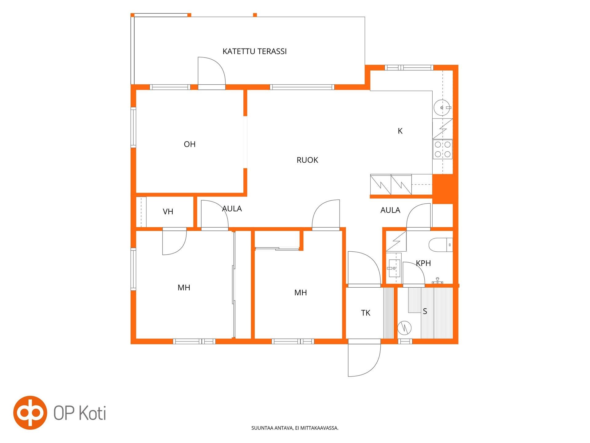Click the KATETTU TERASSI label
254,51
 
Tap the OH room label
190,144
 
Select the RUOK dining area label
307,160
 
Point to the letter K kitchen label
400,131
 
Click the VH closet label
168,212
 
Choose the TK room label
366,313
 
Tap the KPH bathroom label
423,263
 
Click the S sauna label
425,311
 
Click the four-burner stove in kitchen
442,149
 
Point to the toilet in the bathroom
441,245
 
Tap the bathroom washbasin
394,268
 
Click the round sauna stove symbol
404,328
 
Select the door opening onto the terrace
212,73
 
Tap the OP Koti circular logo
30,413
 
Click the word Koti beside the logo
92,413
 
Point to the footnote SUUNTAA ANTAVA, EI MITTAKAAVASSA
295,428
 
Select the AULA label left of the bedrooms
232,209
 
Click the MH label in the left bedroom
184,288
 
